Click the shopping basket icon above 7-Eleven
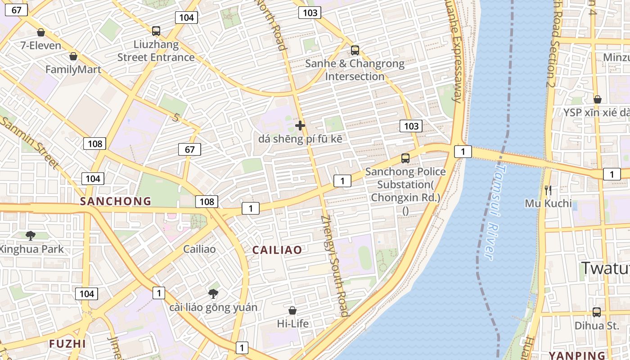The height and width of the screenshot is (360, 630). [41, 32]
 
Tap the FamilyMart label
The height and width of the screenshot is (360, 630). [73, 70]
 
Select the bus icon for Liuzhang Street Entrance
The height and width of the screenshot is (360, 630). [156, 31]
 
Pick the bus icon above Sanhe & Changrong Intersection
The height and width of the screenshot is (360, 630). [355, 50]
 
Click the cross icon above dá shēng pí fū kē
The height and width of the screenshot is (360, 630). [300, 126]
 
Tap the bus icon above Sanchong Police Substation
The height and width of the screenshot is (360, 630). [405, 158]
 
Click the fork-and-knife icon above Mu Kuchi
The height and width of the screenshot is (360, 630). [548, 190]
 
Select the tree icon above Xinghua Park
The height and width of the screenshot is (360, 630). [31, 235]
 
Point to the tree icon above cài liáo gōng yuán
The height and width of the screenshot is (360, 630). [213, 294]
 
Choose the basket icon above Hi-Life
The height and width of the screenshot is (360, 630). [292, 310]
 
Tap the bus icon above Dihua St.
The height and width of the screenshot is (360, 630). [597, 312]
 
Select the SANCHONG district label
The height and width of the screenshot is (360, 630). [116, 201]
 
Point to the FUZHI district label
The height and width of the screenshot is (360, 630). [67, 344]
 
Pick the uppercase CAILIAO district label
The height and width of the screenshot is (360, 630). [277, 250]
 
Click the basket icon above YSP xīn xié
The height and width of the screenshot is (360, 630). [598, 99]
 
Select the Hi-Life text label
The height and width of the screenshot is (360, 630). [293, 324]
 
